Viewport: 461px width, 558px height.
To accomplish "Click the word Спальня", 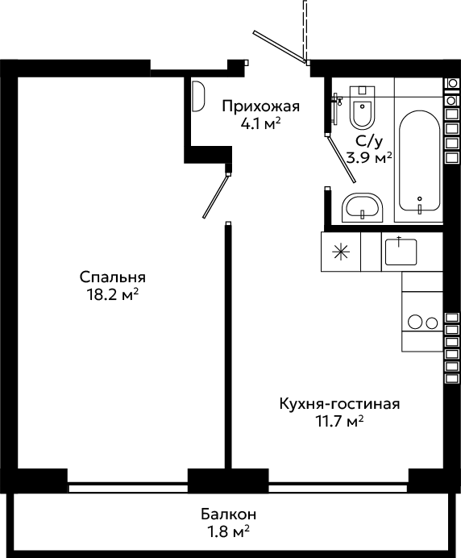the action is [112, 277].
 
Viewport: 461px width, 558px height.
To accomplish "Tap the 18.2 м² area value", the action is [112, 294].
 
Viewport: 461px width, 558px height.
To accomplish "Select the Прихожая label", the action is [261, 106].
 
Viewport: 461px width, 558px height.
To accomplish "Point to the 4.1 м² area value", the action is [261, 123].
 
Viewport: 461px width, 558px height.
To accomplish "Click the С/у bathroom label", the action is [370, 142].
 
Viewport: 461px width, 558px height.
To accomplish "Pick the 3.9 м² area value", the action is [370, 158].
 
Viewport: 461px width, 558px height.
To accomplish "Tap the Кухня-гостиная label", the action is [339, 404].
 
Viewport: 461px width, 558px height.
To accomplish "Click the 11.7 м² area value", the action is [339, 422].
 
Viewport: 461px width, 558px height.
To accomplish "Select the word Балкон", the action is [228, 514].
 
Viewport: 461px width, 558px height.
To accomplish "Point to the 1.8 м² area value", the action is [228, 532].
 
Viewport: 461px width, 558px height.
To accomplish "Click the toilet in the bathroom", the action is [362, 106].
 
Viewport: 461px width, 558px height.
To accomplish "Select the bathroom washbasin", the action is [362, 208].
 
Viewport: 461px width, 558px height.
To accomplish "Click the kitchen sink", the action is [401, 252].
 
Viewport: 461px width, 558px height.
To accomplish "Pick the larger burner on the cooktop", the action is [415, 322].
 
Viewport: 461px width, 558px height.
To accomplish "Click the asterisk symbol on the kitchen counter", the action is [340, 252].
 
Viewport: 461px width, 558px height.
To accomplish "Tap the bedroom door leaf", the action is [215, 196].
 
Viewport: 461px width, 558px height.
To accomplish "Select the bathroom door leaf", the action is [341, 159].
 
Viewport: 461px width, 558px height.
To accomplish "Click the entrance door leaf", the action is [280, 47].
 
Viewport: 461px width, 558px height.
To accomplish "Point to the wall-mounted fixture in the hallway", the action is [198, 96].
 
